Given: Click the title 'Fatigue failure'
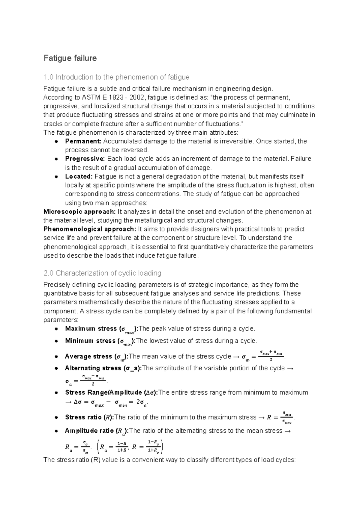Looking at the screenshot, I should tap(70, 58).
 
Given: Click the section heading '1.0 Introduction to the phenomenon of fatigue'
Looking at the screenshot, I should tap(116, 77).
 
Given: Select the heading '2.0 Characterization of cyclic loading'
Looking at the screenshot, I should tap(102, 273).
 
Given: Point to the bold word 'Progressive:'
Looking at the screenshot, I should tap(85, 159).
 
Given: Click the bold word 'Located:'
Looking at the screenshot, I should tap(79, 176).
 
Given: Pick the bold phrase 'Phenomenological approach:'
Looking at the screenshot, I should tap(89, 229).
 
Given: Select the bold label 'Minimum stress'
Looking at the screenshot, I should tap(90, 341).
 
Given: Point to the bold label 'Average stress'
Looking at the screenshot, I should tap(88, 356).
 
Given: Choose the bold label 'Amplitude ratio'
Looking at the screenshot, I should tap(89, 431).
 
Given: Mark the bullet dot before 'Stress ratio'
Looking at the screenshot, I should tap(56, 417).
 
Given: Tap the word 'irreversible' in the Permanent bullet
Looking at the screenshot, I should tap(237, 141).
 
